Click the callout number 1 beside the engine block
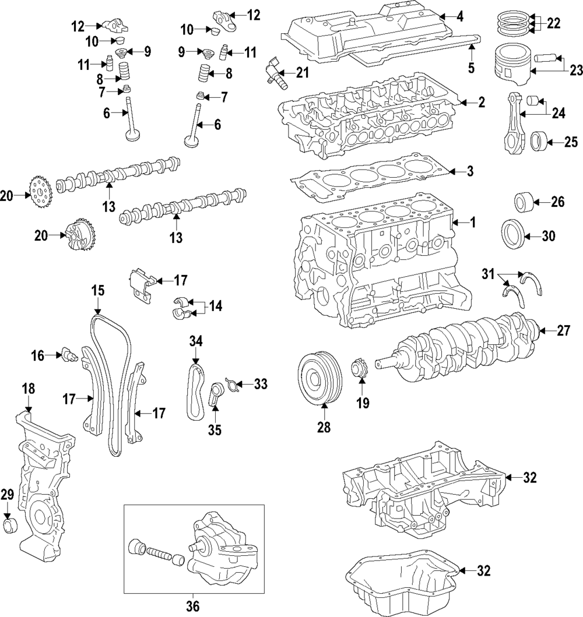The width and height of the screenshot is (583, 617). click(x=473, y=223)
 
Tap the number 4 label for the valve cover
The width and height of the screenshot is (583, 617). click(x=460, y=17)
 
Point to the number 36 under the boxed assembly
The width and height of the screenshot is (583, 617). click(x=192, y=607)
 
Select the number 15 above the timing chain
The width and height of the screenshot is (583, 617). click(x=97, y=290)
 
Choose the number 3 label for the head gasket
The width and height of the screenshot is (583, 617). click(x=470, y=172)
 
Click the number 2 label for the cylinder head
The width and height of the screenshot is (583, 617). click(x=482, y=103)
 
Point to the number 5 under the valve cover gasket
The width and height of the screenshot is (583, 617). click(x=471, y=68)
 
